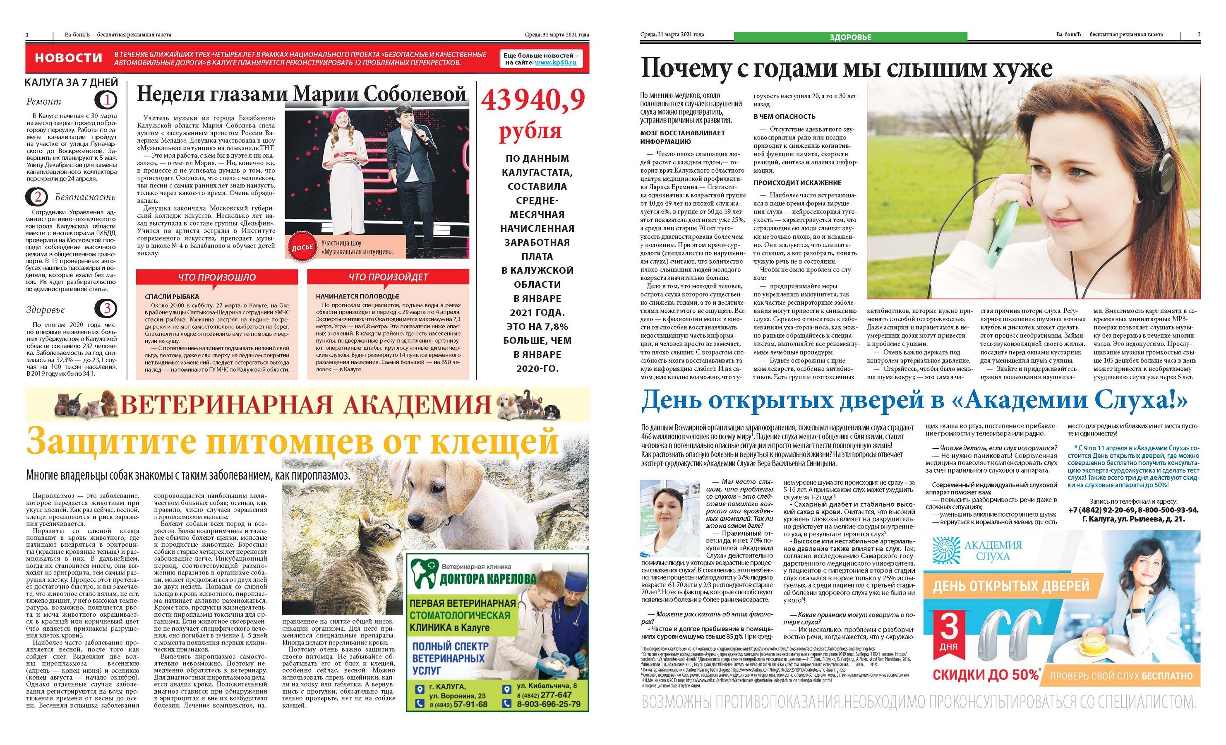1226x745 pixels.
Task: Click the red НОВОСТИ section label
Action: click(68, 58)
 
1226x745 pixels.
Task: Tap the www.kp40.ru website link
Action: click(555, 63)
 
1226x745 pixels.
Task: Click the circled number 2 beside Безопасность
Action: click(37, 197)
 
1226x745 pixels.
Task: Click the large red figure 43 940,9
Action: click(533, 101)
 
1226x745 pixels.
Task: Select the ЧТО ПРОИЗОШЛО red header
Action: click(217, 277)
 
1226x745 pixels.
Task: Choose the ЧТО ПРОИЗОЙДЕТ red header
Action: click(388, 277)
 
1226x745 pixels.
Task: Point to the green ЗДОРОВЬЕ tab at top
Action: click(850, 36)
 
